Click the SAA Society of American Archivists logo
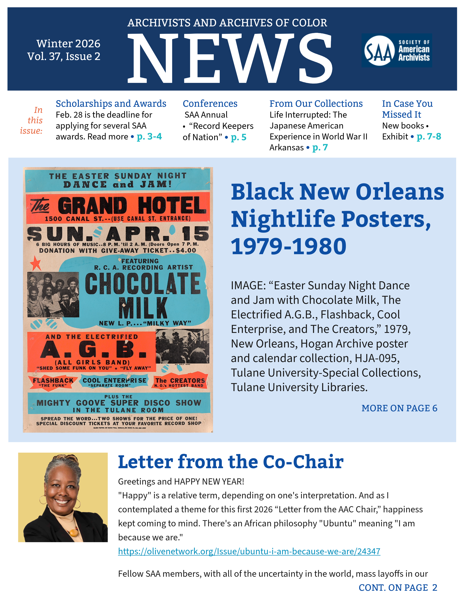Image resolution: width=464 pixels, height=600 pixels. click(397, 51)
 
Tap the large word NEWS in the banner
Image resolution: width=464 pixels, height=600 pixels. click(230, 58)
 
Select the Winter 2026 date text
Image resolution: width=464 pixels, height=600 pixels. click(68, 44)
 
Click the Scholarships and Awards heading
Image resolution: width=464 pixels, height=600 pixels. click(111, 104)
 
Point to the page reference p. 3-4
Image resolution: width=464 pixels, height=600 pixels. click(149, 137)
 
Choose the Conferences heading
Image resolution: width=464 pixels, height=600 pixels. click(210, 104)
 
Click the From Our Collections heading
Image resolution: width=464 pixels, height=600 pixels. click(316, 104)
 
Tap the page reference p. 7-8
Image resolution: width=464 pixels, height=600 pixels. click(429, 137)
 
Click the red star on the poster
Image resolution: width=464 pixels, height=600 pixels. click(35, 263)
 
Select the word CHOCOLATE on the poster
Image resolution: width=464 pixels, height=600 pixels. click(143, 283)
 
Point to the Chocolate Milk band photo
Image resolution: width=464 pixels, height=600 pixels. click(53, 295)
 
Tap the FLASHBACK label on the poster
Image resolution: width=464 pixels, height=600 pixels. click(53, 381)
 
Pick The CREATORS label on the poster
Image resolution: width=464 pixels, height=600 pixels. click(180, 381)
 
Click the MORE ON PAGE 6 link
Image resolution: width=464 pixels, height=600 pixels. click(399, 408)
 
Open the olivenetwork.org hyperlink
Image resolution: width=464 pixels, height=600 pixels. click(249, 551)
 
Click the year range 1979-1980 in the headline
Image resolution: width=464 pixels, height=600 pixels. click(289, 246)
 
